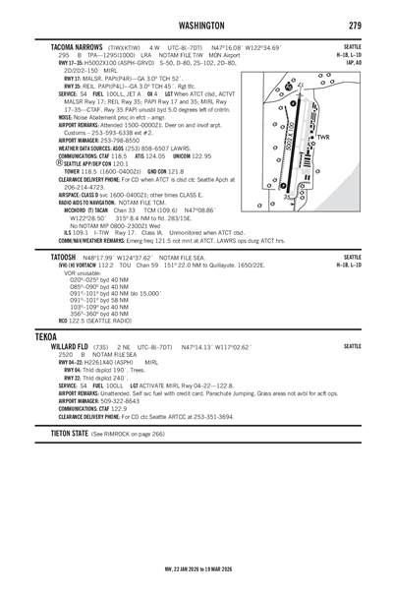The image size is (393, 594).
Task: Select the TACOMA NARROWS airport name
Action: pos(58,46)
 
